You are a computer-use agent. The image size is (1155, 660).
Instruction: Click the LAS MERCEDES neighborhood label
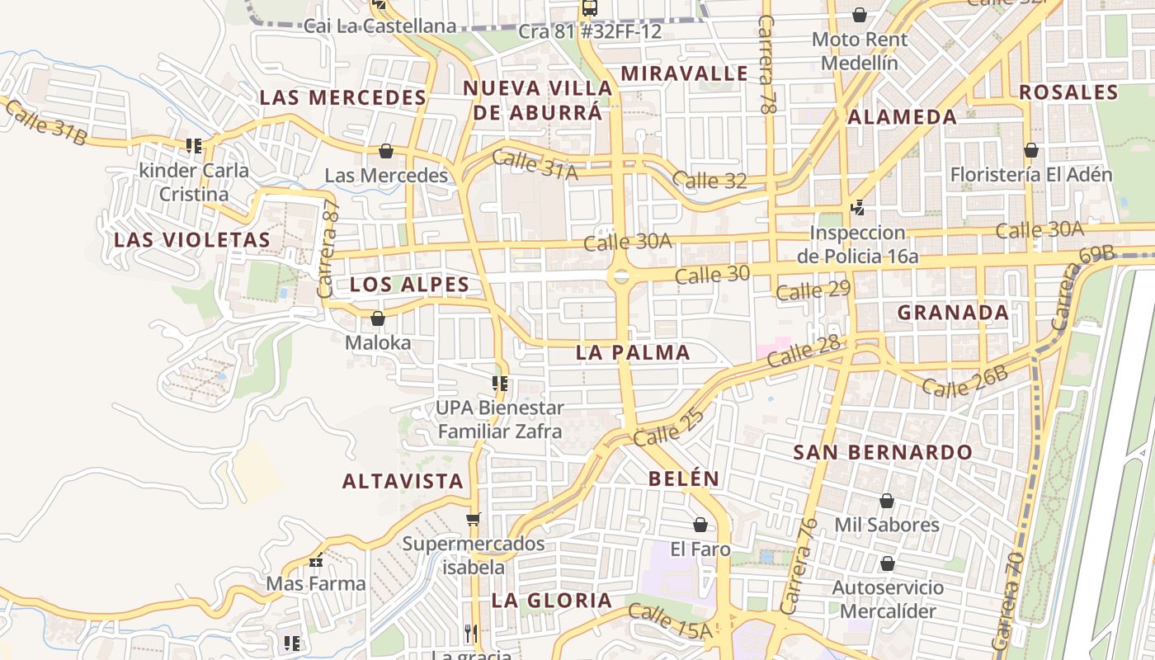click(342, 97)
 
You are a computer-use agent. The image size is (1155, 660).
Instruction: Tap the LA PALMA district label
click(633, 352)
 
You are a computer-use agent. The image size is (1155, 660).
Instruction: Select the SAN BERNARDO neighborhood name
click(883, 452)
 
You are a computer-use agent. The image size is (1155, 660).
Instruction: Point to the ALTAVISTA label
click(403, 481)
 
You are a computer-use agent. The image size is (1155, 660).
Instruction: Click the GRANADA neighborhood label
click(953, 313)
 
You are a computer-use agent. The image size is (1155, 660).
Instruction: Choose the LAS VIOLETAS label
click(192, 240)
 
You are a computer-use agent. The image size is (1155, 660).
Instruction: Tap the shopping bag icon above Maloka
click(378, 318)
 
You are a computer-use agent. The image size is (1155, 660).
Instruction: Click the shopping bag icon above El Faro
click(700, 525)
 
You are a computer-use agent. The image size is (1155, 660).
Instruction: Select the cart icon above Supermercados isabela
click(473, 519)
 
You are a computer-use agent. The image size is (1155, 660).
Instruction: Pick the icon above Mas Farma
click(316, 560)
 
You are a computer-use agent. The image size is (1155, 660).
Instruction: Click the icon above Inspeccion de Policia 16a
click(858, 208)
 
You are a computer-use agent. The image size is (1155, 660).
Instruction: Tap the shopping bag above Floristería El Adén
click(1030, 150)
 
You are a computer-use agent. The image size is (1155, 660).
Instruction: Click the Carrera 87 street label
click(328, 249)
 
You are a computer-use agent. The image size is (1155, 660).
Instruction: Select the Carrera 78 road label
click(768, 64)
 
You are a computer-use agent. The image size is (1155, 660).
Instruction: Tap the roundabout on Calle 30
click(621, 276)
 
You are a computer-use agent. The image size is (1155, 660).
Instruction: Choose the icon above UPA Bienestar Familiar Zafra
click(499, 384)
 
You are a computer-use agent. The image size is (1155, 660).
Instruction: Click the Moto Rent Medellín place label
click(860, 51)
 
